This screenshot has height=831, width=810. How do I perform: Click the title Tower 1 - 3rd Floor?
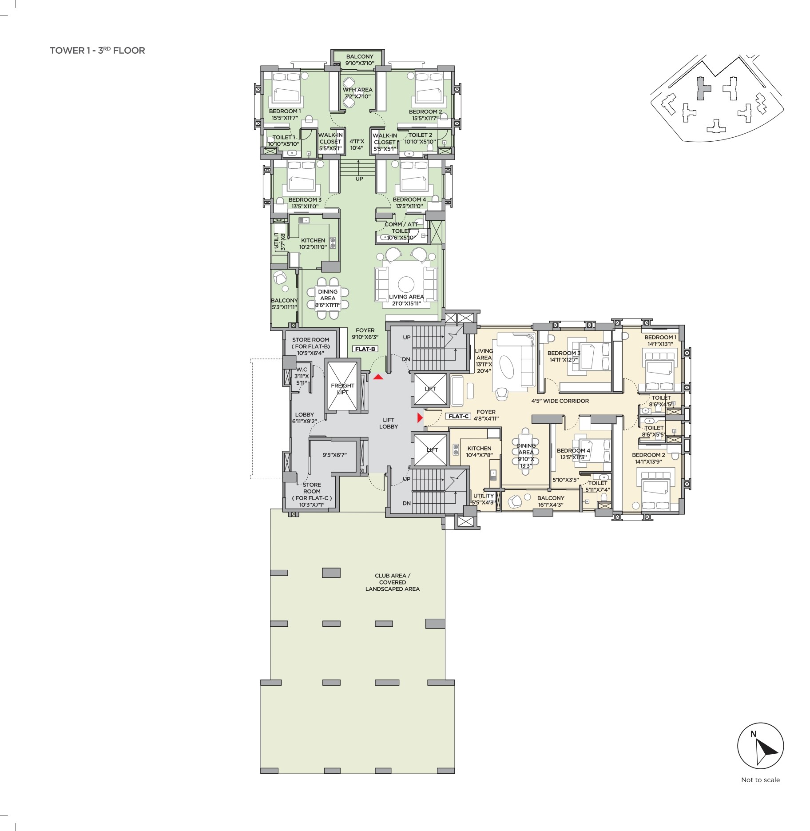click(97, 50)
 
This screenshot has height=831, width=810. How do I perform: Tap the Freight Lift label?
click(342, 389)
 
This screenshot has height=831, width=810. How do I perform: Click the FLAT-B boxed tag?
click(365, 349)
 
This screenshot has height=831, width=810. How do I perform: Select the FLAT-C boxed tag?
click(459, 416)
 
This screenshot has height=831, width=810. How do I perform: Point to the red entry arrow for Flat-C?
click(420, 418)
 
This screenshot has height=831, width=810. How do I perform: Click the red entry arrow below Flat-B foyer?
click(378, 377)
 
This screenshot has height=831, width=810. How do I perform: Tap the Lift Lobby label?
click(389, 423)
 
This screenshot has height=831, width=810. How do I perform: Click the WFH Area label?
click(357, 93)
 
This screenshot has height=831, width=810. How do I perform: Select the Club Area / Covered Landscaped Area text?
click(393, 582)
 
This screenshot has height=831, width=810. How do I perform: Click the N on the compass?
click(753, 734)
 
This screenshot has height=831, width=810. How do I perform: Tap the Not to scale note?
click(760, 779)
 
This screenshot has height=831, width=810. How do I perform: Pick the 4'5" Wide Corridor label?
click(560, 401)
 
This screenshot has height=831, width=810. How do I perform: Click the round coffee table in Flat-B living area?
click(406, 284)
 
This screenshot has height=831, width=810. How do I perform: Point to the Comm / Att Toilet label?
click(401, 231)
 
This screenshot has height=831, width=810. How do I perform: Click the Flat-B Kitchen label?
click(313, 244)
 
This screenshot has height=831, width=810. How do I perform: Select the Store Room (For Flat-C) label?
click(312, 495)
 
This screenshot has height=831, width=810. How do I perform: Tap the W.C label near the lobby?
click(302, 376)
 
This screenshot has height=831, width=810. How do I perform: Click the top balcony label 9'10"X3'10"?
click(360, 60)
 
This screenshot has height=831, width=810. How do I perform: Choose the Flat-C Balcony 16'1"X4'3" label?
click(551, 501)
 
